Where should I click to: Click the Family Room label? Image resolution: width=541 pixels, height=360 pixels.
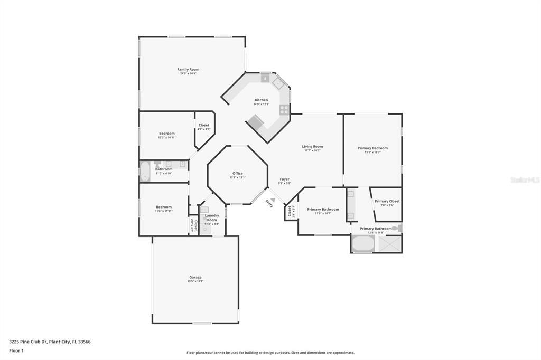(188, 69)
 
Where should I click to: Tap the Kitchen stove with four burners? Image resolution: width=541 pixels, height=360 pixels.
(284, 110)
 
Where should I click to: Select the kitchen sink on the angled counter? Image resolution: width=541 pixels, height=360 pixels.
(278, 83)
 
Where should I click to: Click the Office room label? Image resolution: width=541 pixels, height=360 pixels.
(238, 173)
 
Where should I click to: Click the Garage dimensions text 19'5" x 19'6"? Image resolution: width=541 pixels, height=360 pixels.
(195, 281)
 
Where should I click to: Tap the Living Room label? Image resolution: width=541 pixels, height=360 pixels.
(312, 146)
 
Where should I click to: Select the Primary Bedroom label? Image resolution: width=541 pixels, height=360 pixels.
(372, 148)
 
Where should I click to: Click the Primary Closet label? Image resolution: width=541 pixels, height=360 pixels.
(387, 201)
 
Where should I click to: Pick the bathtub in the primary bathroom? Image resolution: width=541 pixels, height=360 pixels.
(363, 244)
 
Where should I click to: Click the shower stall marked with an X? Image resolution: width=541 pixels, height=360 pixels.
(390, 244)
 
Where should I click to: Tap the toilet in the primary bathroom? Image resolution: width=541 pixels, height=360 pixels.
(398, 228)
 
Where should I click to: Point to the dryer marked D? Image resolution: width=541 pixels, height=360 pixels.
(205, 229)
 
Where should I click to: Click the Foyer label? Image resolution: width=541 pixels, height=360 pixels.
(284, 179)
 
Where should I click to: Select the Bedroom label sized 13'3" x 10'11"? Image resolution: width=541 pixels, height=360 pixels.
(167, 134)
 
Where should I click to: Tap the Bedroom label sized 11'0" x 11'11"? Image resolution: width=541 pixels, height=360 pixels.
(164, 207)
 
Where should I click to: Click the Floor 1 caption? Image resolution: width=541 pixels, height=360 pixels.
(16, 350)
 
